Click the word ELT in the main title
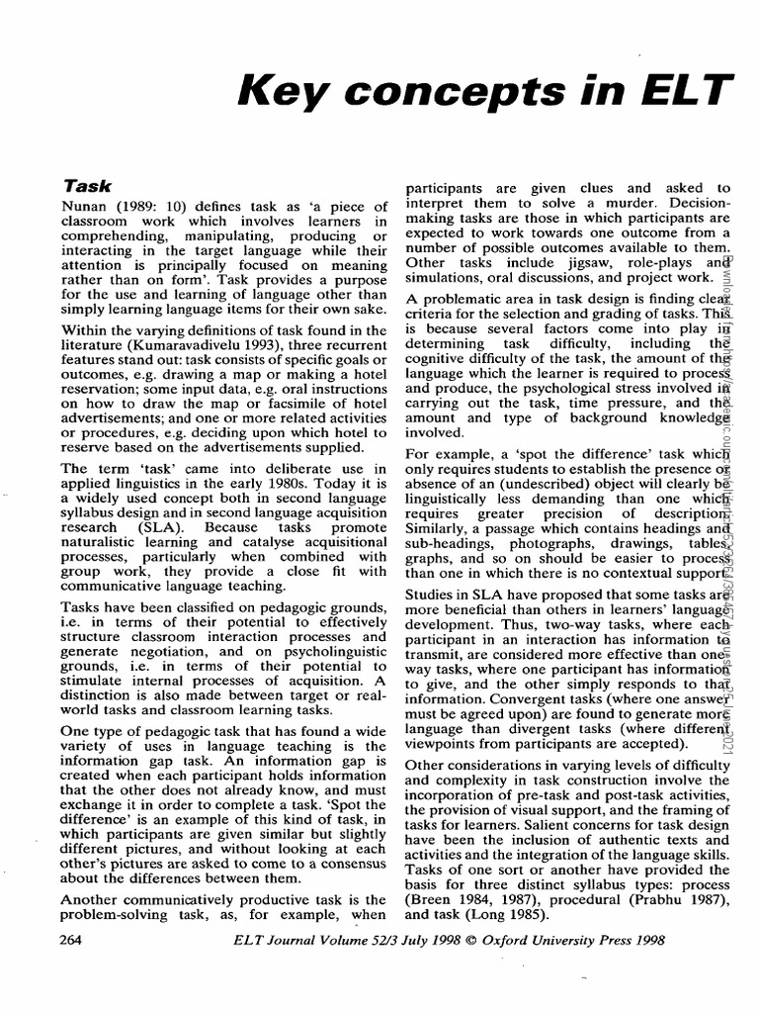(691, 94)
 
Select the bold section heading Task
(87, 185)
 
